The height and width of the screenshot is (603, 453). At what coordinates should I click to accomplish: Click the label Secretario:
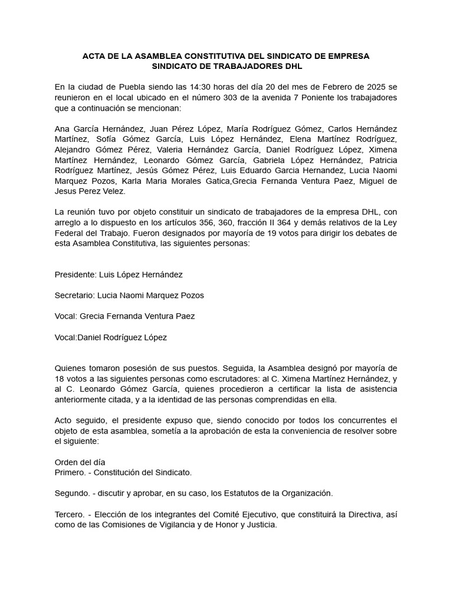(76, 295)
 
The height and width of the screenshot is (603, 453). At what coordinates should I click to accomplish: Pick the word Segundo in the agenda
(72, 493)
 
